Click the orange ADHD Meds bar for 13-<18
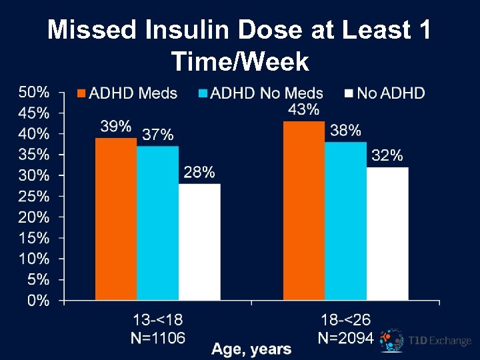click(x=116, y=219)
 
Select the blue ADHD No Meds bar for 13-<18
click(x=157, y=223)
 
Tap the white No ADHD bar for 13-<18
click(x=199, y=241)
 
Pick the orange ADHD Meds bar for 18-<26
click(x=304, y=211)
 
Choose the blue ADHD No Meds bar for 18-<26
click(x=345, y=221)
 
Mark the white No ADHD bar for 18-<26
click(x=387, y=233)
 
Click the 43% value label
click(x=304, y=109)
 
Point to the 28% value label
click(x=199, y=173)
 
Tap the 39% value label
click(x=116, y=125)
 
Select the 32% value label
click(x=387, y=155)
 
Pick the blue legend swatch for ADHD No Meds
click(x=203, y=93)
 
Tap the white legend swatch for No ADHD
click(x=349, y=93)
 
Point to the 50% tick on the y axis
click(x=33, y=91)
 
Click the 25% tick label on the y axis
click(x=33, y=196)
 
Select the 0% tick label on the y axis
click(x=37, y=301)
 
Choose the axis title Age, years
click(x=251, y=349)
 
